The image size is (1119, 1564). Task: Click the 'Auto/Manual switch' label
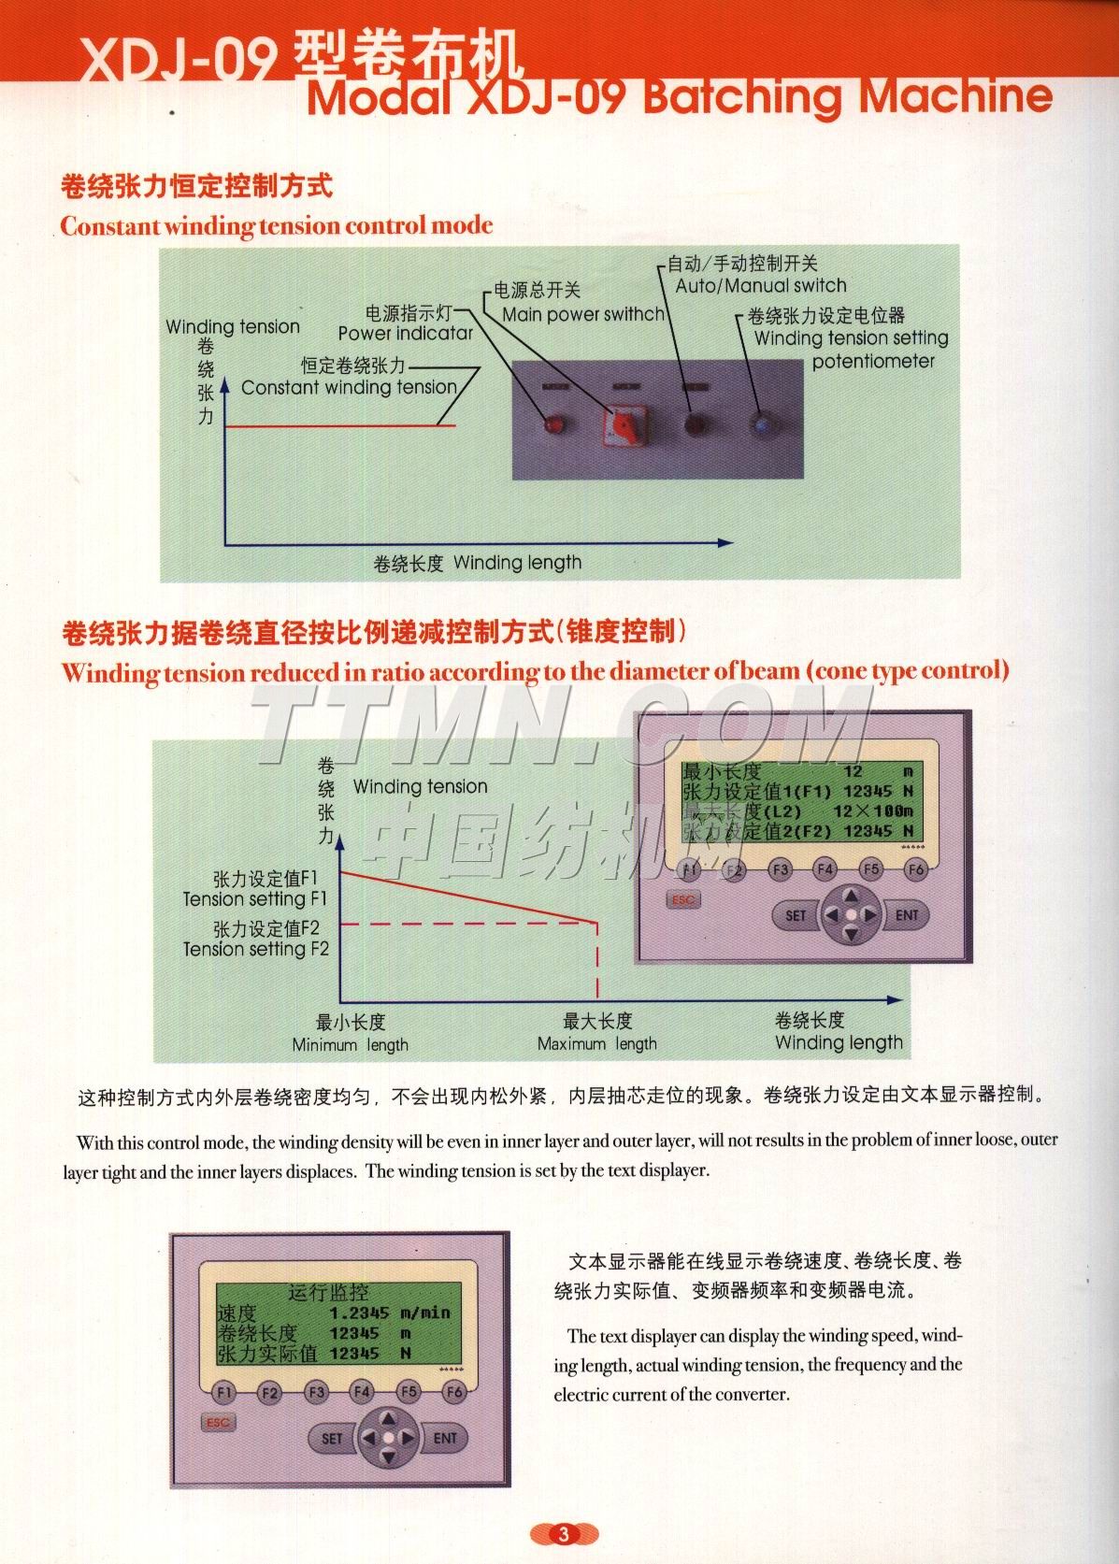point(760,286)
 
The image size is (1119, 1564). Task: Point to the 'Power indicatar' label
point(405,334)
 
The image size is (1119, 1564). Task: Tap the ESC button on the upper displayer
point(683,899)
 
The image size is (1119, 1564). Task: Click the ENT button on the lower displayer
point(445,1438)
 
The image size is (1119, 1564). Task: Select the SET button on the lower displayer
point(332,1439)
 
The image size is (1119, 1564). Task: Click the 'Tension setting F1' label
point(255,899)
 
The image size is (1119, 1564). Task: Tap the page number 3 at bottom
point(563,1534)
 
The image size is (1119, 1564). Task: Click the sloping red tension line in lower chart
point(467,897)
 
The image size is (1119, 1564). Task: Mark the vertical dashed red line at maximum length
point(598,963)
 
